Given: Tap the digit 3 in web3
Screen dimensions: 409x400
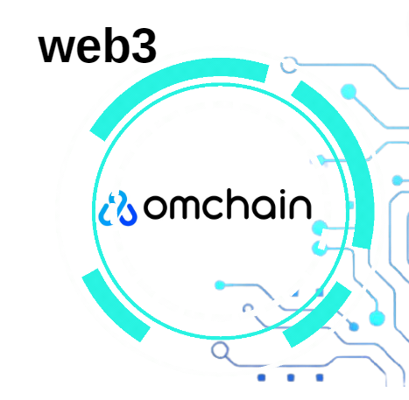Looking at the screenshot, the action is tap(145, 46).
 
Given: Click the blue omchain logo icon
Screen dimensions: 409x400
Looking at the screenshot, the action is tap(117, 208).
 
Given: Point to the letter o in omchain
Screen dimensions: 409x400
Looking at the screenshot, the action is tap(156, 207).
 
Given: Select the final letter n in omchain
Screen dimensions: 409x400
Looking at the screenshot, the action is tap(300, 207).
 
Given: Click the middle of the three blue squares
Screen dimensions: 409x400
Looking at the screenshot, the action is tap(291, 377).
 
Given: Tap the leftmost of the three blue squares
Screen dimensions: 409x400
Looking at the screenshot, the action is tap(261, 377).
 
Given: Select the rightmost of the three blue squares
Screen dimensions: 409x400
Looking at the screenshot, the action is tap(320, 377).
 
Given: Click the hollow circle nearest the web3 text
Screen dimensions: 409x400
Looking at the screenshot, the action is tap(289, 65).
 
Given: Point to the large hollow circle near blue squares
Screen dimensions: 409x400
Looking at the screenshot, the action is tap(220, 350).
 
